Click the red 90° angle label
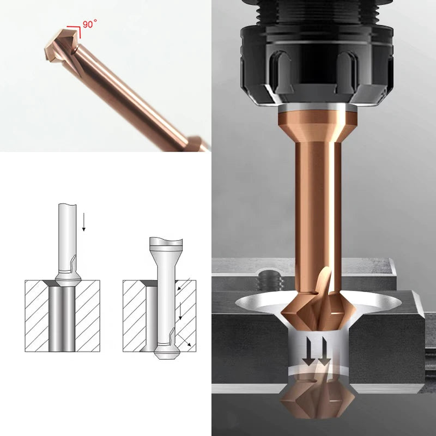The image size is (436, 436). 89,23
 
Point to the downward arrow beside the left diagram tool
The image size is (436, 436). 84,222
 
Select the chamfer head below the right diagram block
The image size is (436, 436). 166,351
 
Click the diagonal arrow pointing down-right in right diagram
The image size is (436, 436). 184,340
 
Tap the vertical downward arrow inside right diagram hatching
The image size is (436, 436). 180,311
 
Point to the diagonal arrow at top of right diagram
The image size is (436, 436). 184,284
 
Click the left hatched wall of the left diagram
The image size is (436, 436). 37,316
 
